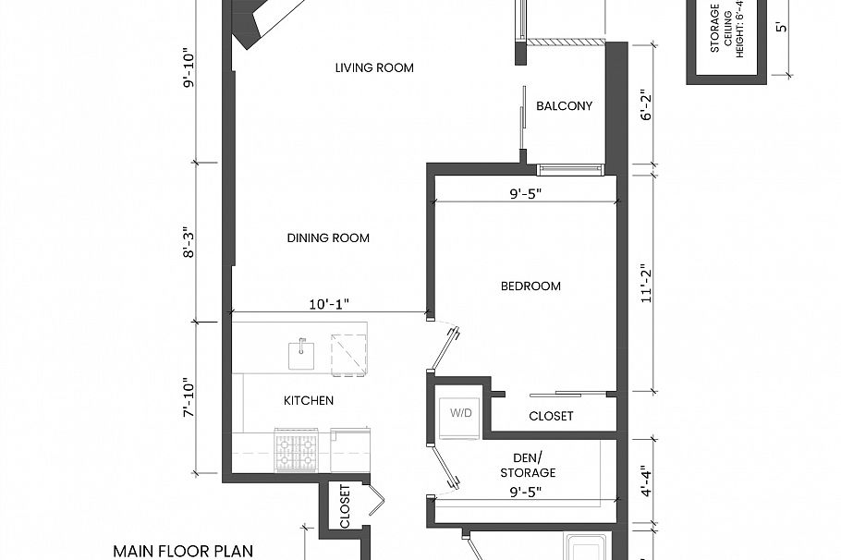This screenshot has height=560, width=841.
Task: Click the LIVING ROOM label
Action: pyautogui.click(x=374, y=67)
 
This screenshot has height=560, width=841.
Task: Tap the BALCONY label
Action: pyautogui.click(x=564, y=106)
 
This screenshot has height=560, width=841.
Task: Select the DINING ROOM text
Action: pyautogui.click(x=328, y=238)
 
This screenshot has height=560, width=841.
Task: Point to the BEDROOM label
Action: pyautogui.click(x=530, y=286)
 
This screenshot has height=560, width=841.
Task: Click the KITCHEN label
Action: pyautogui.click(x=308, y=401)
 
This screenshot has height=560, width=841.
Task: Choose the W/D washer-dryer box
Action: pyautogui.click(x=460, y=412)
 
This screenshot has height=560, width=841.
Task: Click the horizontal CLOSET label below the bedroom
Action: pyautogui.click(x=551, y=417)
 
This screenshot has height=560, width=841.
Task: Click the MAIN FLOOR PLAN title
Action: pyautogui.click(x=183, y=551)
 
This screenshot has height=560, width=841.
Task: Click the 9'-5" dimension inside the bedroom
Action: pyautogui.click(x=525, y=194)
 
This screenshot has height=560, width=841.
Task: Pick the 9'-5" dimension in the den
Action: pyautogui.click(x=525, y=493)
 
